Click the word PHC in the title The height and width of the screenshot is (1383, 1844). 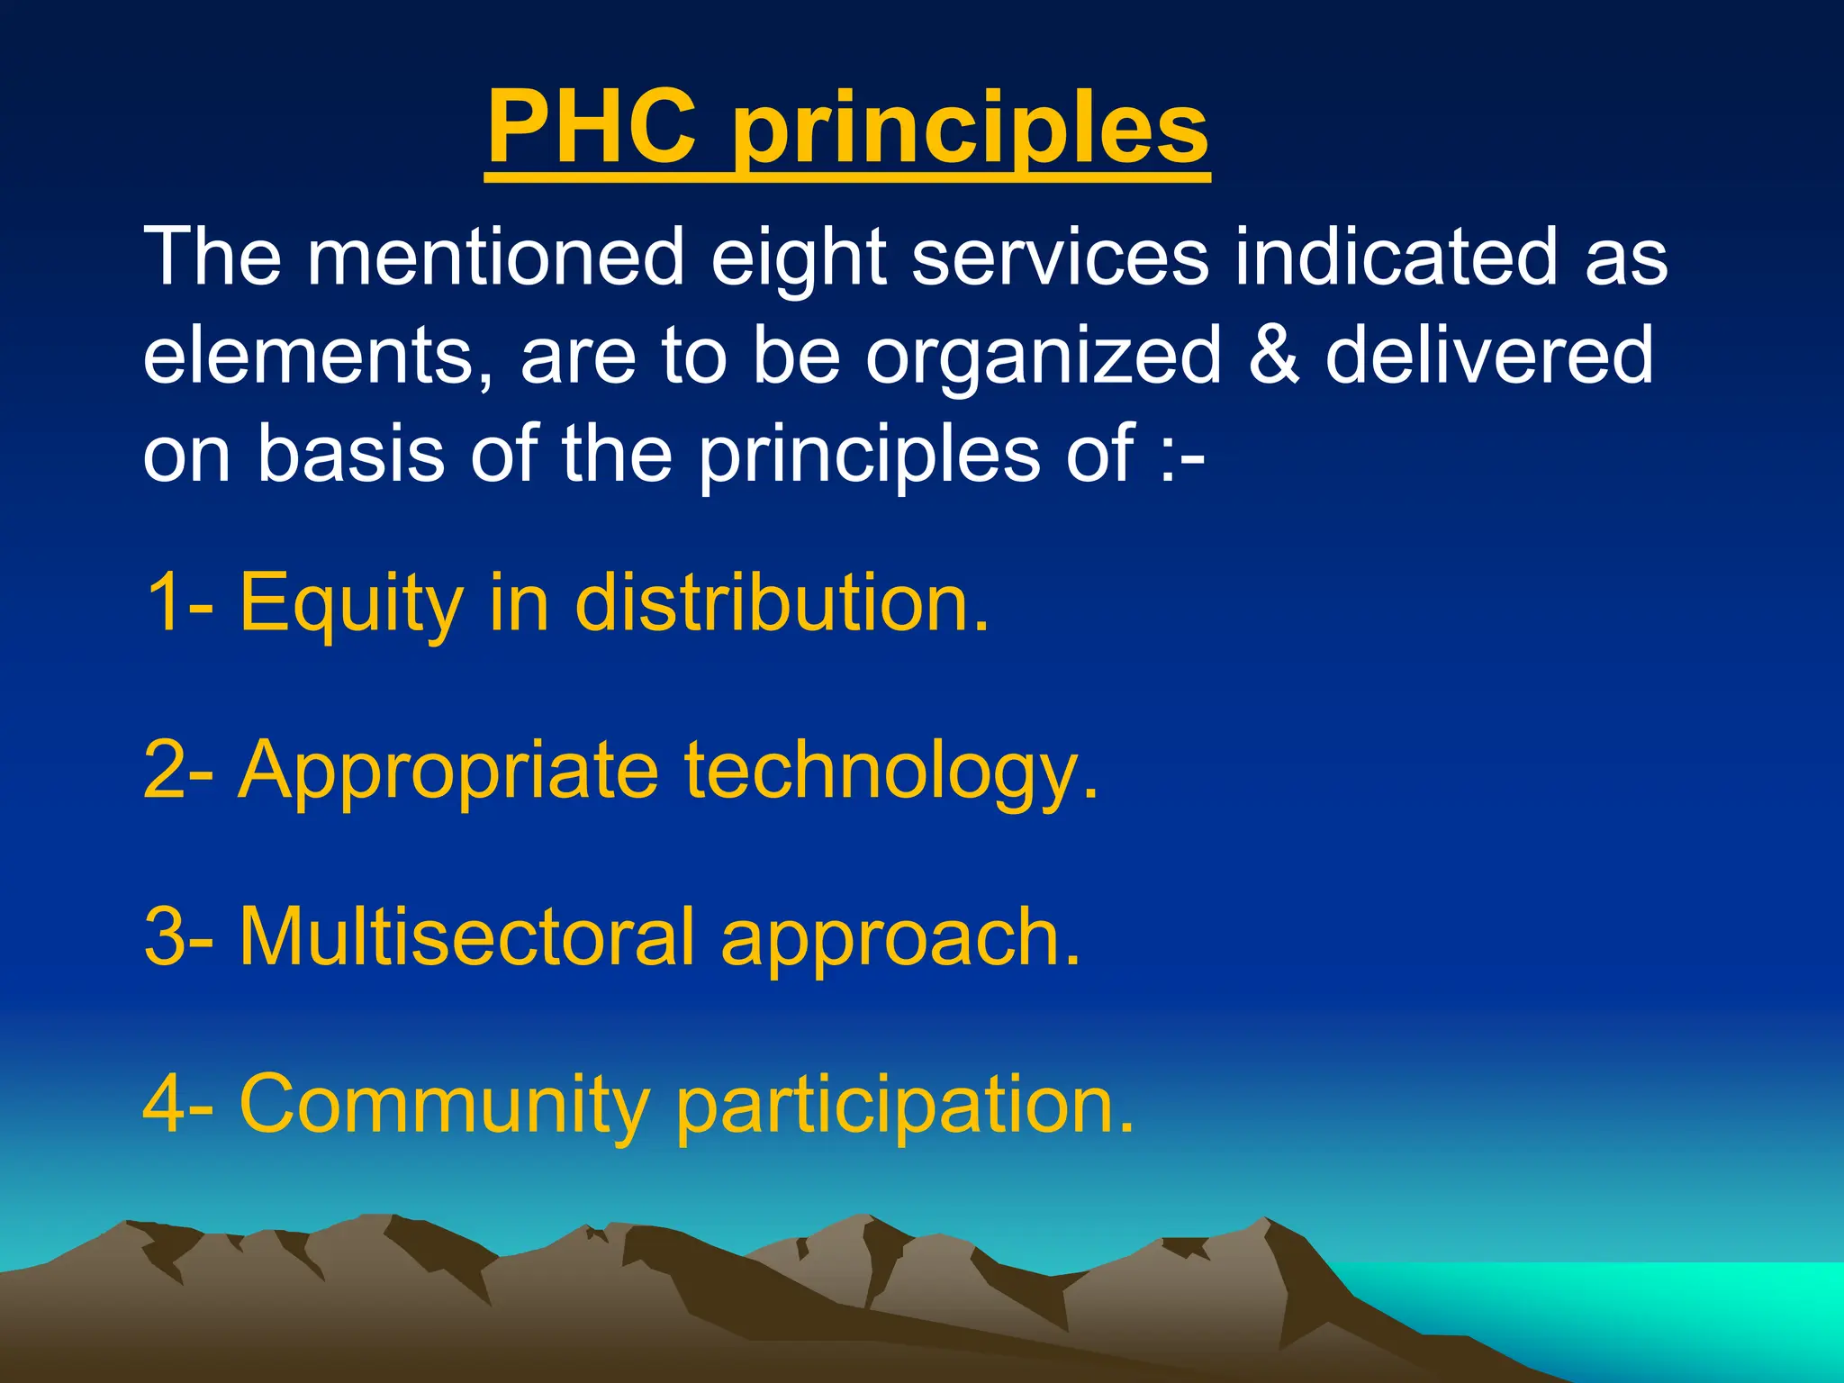tap(592, 128)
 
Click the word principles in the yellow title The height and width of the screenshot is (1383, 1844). tap(971, 131)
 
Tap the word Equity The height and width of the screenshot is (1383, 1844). tap(351, 605)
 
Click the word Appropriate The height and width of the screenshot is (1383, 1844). tap(447, 773)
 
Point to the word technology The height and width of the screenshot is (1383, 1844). tap(891, 773)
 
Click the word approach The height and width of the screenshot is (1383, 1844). tap(900, 942)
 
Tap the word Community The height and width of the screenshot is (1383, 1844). tap(445, 1106)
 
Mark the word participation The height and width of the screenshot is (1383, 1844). tap(904, 1107)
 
